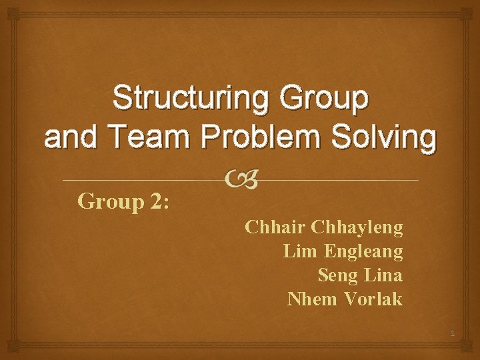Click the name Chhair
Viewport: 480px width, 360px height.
point(275,227)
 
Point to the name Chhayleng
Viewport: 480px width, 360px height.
point(357,227)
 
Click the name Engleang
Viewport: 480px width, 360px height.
point(363,252)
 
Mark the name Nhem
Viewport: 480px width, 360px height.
point(313,299)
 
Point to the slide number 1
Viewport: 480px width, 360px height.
point(451,333)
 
